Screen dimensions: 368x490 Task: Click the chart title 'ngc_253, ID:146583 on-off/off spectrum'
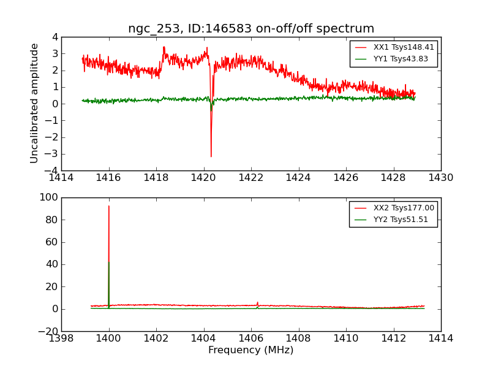click(x=251, y=29)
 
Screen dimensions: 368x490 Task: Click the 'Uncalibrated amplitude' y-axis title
click(x=35, y=103)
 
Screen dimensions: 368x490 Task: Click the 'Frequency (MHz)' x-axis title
click(x=251, y=350)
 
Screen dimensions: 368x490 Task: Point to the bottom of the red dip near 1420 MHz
click(x=211, y=156)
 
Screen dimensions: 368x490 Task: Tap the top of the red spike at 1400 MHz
click(x=109, y=206)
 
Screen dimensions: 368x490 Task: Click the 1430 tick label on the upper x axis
click(x=441, y=178)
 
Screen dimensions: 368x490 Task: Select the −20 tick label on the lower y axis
click(x=48, y=331)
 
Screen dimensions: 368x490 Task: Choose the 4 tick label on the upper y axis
click(x=56, y=37)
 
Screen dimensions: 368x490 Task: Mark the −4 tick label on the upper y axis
click(x=53, y=171)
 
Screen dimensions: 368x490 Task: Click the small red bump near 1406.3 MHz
click(x=257, y=302)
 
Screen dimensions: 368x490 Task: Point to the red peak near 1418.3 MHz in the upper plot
click(x=164, y=47)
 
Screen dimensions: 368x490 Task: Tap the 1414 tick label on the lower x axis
click(x=441, y=338)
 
